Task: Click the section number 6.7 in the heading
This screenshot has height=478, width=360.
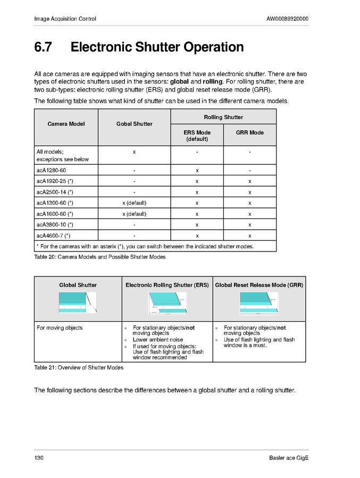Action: point(43,47)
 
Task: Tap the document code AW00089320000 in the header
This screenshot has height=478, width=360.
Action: point(287,19)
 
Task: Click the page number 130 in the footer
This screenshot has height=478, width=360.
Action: point(38,458)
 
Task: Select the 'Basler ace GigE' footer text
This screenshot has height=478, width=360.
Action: point(289,458)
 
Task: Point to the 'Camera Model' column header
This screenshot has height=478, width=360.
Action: point(66,124)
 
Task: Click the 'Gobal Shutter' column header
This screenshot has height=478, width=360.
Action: point(134,124)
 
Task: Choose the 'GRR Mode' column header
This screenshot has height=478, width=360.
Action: point(249,132)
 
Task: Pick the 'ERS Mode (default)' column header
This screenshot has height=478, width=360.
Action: point(197,136)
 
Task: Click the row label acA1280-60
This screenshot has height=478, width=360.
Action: point(51,170)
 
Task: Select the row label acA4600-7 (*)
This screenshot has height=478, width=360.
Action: point(53,236)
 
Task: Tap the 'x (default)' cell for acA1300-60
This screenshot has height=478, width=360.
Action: point(134,203)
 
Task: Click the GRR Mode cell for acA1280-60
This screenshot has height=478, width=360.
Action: point(249,170)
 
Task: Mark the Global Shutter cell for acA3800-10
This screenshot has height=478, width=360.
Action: point(134,225)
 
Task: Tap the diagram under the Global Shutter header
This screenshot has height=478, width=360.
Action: point(78,303)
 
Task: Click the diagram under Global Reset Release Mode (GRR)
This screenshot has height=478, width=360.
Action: point(259,303)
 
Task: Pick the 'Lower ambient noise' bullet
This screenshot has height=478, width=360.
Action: point(157,340)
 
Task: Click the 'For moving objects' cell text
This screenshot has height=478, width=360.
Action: point(60,328)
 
